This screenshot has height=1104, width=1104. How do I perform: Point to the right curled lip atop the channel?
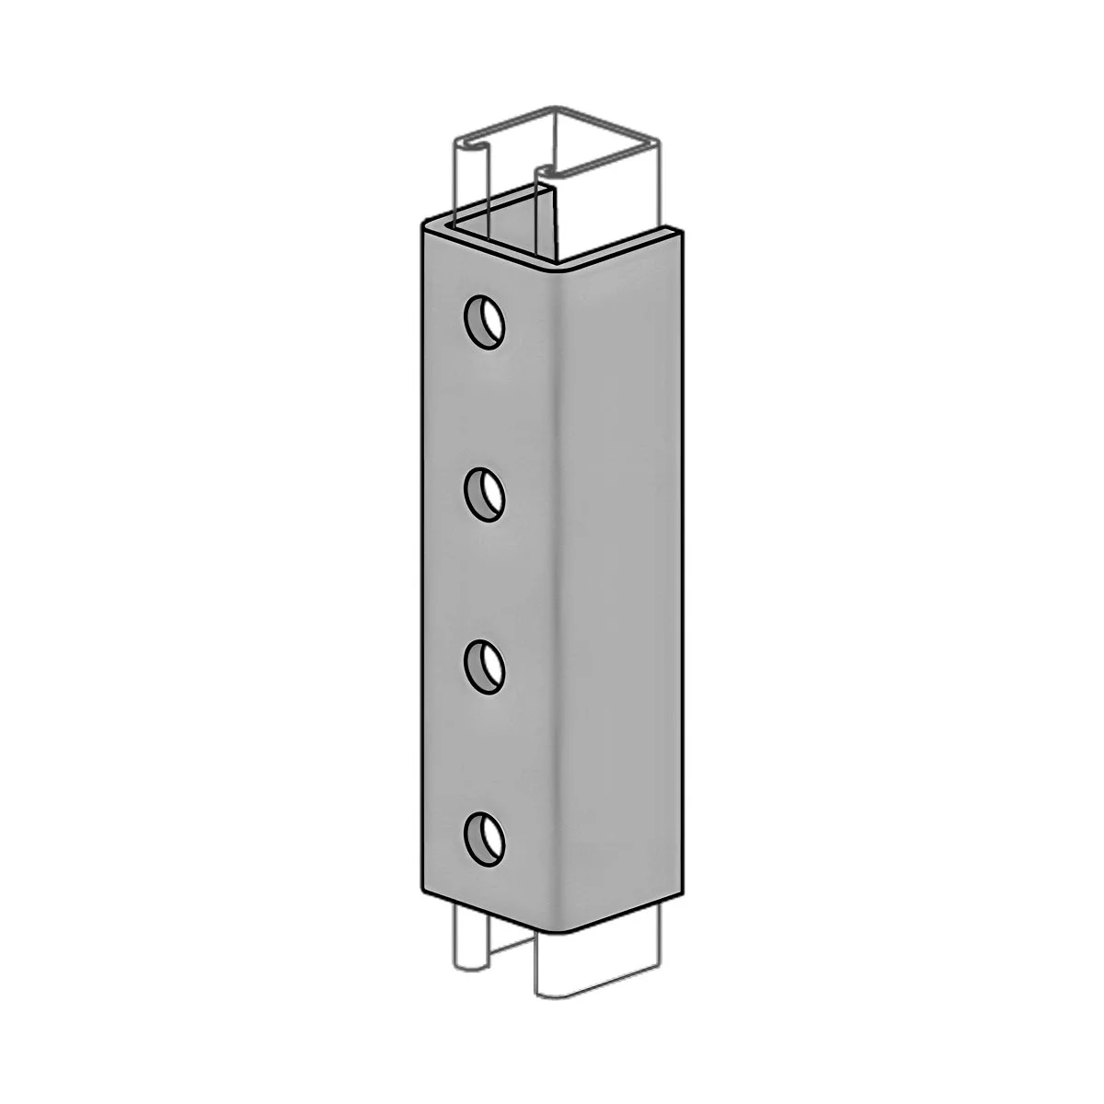pyautogui.click(x=545, y=171)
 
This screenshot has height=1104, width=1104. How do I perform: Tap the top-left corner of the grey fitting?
pyautogui.click(x=424, y=224)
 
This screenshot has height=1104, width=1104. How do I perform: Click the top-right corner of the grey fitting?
pyautogui.click(x=684, y=226)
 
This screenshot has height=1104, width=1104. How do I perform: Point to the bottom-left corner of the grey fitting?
pyautogui.click(x=422, y=890)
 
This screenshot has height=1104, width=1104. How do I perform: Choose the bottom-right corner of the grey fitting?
pyautogui.click(x=684, y=891)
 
